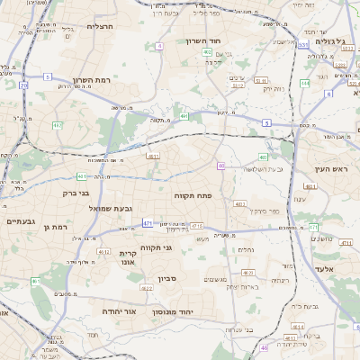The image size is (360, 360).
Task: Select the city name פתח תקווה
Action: click(193, 194)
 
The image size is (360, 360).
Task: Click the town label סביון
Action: click(167, 279)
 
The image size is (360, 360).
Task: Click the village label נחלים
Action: click(246, 250)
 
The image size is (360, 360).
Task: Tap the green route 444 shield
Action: click(305, 83)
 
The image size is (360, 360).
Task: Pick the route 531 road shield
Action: click(304, 44)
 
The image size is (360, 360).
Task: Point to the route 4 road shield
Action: click(159, 44)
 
